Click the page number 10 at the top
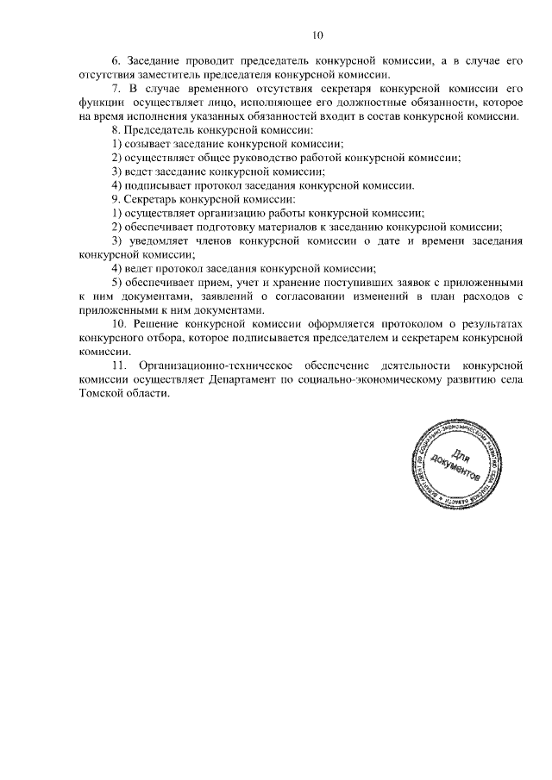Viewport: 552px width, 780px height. click(317, 35)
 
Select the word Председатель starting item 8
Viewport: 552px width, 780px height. click(160, 129)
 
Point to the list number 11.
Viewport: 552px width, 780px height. click(119, 366)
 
